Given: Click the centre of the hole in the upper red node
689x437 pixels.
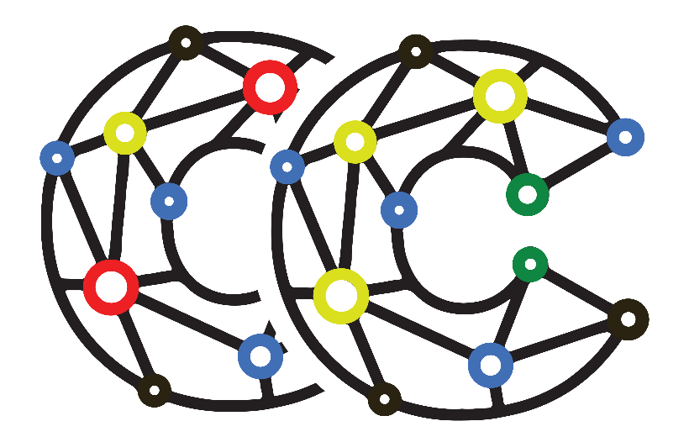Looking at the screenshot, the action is [x=270, y=87].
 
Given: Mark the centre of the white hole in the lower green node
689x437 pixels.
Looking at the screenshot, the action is [x=530, y=264].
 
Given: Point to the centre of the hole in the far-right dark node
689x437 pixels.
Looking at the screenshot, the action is [x=628, y=319].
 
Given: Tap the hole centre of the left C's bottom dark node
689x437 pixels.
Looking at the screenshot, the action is [x=155, y=390].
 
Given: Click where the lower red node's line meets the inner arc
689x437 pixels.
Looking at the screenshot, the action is [x=179, y=276].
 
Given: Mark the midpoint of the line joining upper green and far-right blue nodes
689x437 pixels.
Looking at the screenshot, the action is [x=577, y=166].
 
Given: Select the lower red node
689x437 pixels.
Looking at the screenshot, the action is [x=111, y=287].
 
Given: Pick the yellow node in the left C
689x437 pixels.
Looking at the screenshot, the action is [x=125, y=134].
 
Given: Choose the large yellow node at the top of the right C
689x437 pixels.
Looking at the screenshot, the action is [x=500, y=96].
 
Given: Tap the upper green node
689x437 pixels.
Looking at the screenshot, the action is [x=528, y=194].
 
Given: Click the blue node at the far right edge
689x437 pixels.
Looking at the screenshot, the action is [x=625, y=137].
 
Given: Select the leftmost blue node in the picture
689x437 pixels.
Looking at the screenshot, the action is [x=57, y=158].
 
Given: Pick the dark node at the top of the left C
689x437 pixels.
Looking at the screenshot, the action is [x=186, y=43].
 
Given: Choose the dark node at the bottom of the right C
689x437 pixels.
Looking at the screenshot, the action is [x=385, y=399].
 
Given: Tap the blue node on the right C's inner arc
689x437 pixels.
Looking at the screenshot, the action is [x=399, y=210].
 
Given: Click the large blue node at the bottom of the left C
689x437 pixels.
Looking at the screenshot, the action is [x=260, y=356].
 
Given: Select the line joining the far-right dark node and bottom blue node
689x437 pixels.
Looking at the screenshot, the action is [x=560, y=341].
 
